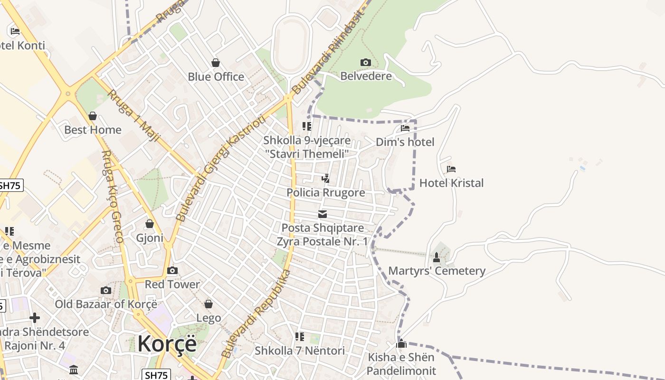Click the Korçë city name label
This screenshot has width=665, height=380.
point(167,343)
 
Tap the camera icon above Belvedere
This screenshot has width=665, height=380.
point(365,62)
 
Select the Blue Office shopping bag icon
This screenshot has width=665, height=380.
point(216,63)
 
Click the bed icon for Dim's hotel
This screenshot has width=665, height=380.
point(405,128)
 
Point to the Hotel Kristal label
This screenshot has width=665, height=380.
point(451,183)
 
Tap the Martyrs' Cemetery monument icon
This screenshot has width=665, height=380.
point(437,257)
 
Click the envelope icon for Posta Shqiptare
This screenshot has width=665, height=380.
point(323,214)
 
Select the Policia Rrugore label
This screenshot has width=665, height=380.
point(326,192)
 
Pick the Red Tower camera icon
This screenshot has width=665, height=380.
point(172,271)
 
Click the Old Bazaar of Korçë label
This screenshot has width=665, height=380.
point(105,304)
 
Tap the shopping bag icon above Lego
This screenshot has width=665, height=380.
point(209,304)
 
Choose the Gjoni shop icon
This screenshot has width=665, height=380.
point(150,224)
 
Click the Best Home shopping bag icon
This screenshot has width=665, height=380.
point(93,116)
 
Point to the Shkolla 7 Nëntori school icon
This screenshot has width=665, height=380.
point(300,337)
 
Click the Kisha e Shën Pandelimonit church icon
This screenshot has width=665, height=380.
point(401,343)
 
